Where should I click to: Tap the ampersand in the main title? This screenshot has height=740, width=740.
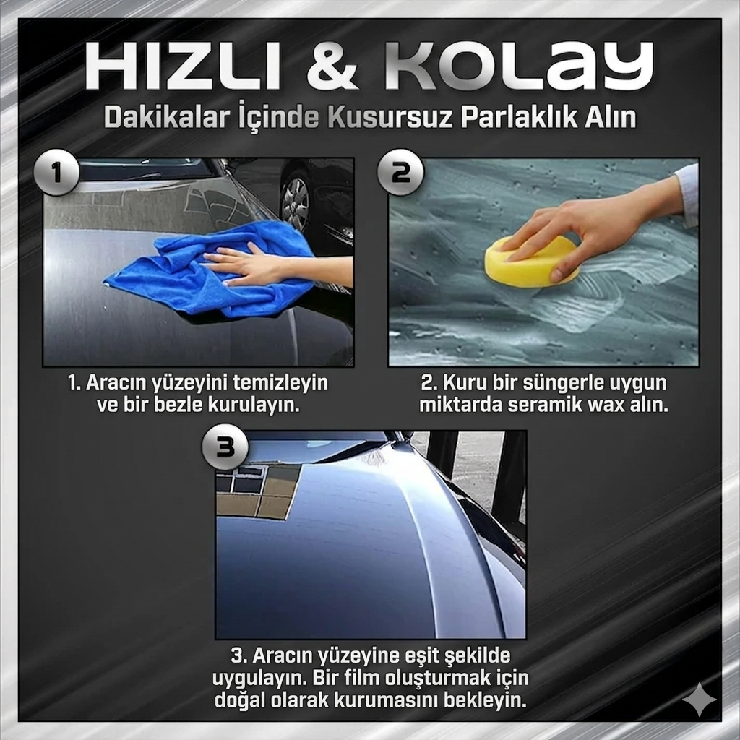(332, 66)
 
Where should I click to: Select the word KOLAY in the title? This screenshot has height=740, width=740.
(519, 66)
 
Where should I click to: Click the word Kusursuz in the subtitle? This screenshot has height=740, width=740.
(391, 116)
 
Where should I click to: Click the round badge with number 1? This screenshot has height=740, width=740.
(56, 173)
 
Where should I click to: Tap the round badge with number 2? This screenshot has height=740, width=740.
(400, 173)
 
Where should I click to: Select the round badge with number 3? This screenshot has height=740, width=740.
(225, 446)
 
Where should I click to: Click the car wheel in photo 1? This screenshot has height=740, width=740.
(296, 204)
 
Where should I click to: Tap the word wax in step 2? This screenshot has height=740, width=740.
(604, 405)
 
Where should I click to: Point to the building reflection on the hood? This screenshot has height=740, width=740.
(257, 491)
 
